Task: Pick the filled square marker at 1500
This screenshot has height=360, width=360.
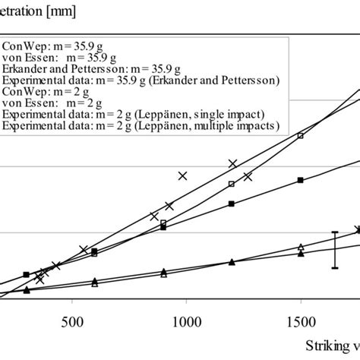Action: coord(301,180)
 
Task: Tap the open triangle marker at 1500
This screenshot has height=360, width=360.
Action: coord(301,247)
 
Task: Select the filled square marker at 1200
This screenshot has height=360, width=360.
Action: coord(232,203)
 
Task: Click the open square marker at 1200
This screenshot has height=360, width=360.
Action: coord(232,184)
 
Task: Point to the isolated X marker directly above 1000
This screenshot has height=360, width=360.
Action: coord(182,175)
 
